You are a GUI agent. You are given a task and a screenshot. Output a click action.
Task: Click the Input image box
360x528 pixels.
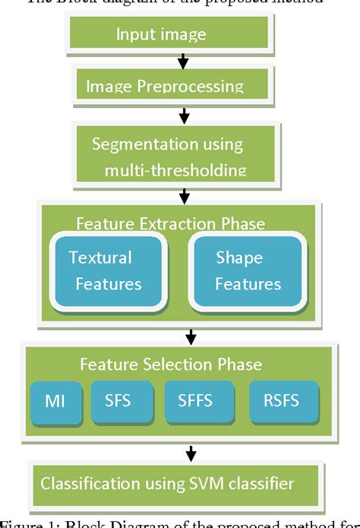tap(169, 33)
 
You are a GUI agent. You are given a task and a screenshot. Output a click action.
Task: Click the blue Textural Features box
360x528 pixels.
tap(106, 271)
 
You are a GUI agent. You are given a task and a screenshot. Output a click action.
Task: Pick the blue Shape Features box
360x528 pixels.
tap(247, 271)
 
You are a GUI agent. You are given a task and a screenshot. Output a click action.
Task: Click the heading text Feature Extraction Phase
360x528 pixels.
tap(170, 223)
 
